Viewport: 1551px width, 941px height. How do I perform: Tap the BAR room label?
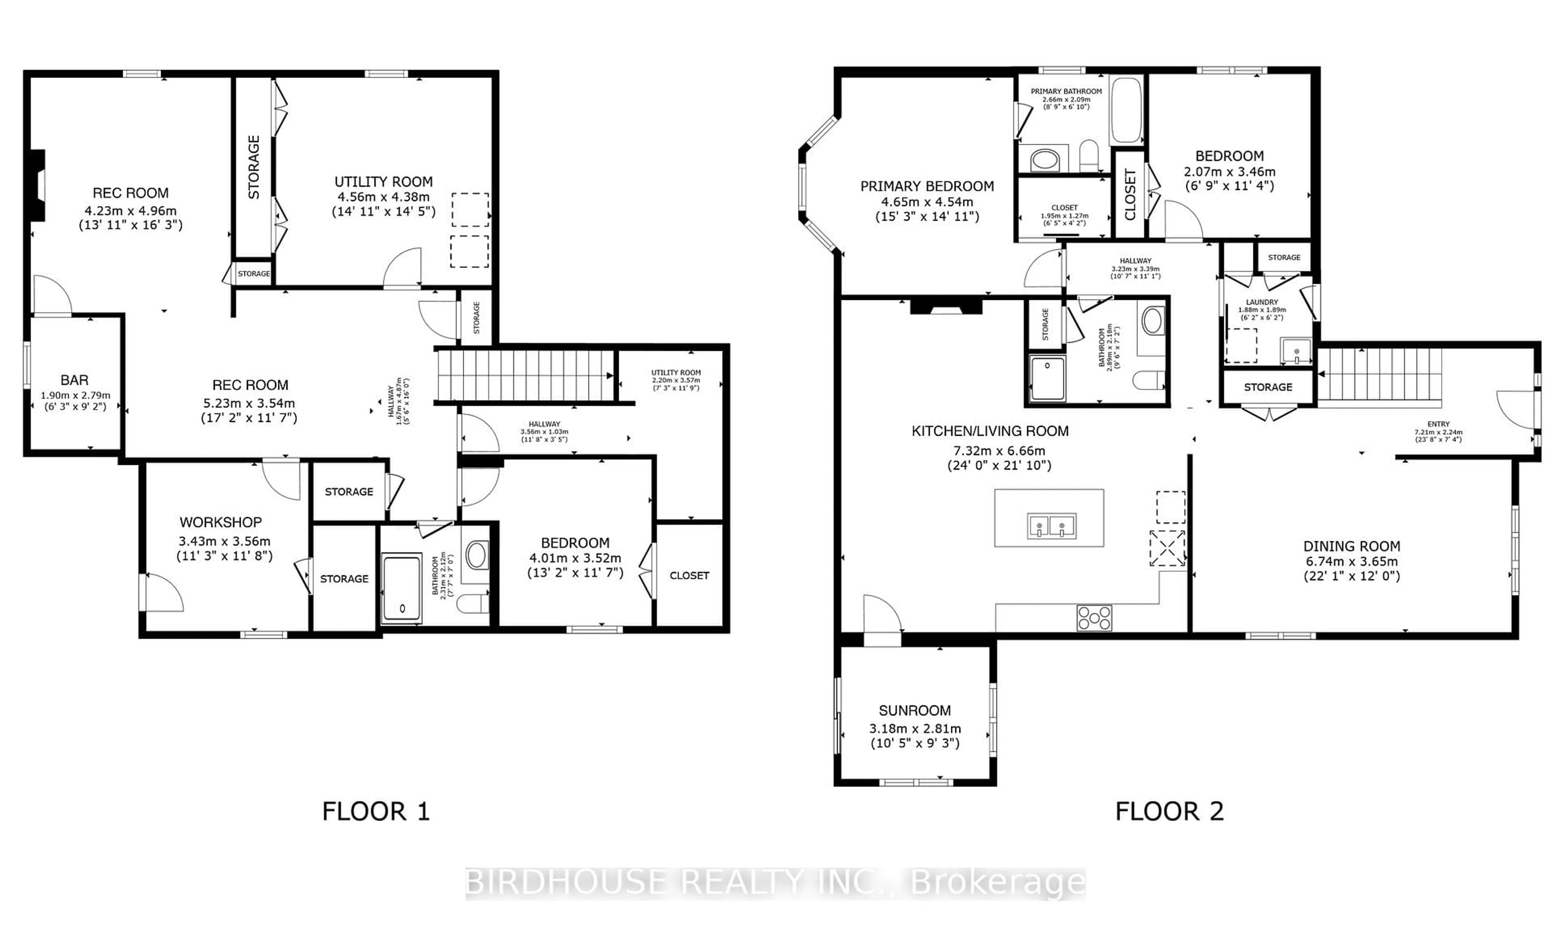coord(74,380)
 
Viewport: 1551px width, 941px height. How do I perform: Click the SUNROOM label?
coord(914,711)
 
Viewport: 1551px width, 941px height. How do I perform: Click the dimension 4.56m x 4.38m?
coord(383,196)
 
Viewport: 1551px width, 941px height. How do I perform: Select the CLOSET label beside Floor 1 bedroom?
coord(689,575)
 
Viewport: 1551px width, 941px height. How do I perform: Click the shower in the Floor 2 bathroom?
coord(1047,378)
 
